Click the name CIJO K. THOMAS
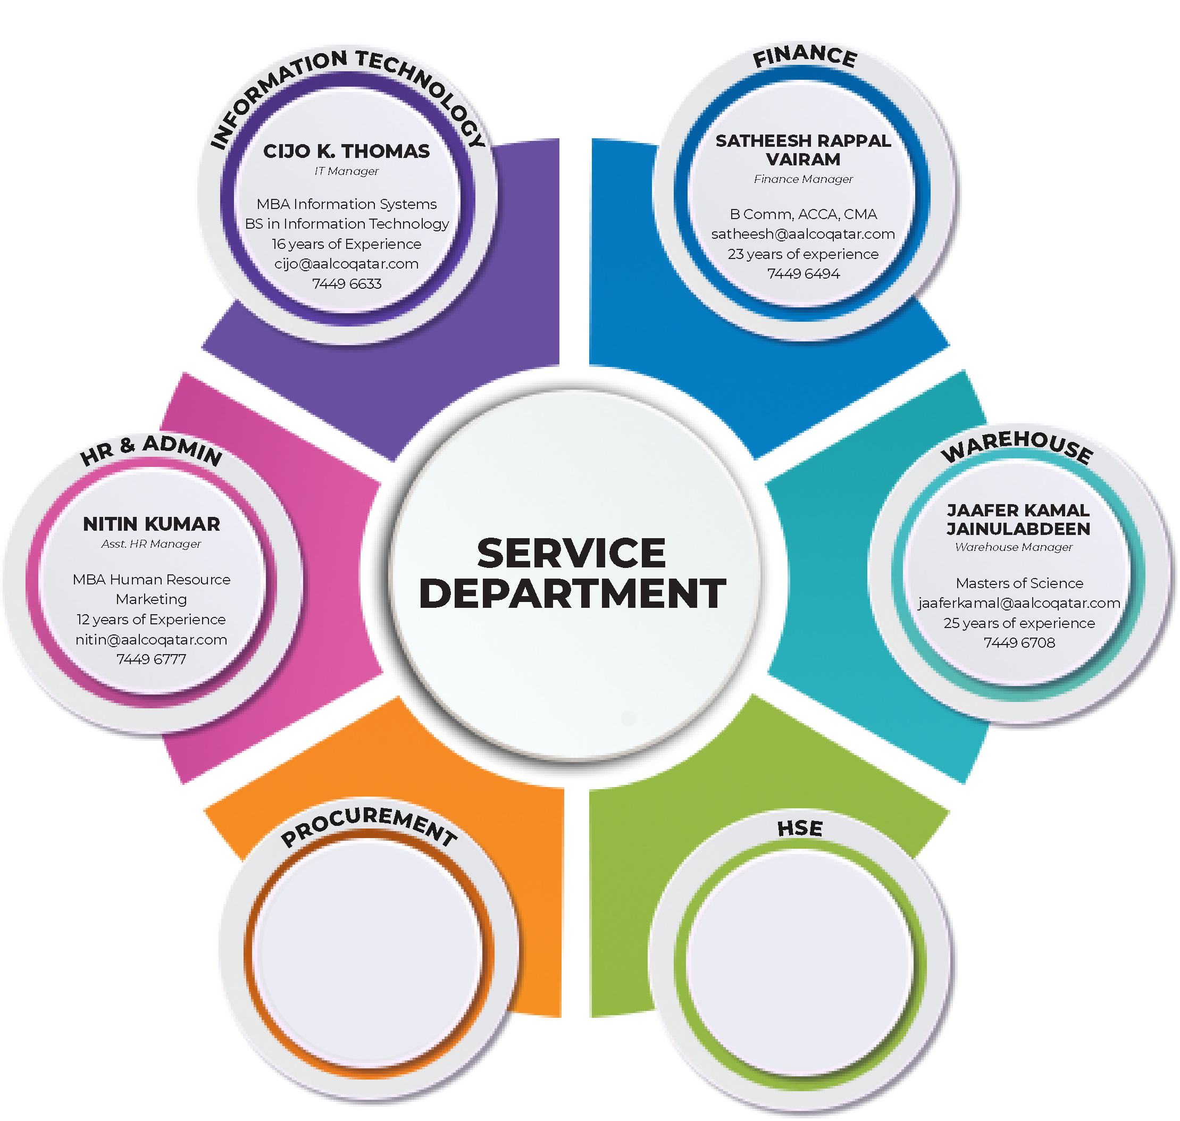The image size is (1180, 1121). pyautogui.click(x=346, y=151)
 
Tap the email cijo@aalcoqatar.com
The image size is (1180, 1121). pyautogui.click(x=346, y=264)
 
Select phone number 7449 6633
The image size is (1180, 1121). pyautogui.click(x=346, y=284)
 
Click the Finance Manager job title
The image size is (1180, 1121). pyautogui.click(x=803, y=179)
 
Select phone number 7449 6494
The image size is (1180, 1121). pyautogui.click(x=803, y=274)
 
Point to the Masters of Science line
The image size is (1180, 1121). pyautogui.click(x=1019, y=583)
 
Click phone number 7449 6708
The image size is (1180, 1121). pyautogui.click(x=1019, y=643)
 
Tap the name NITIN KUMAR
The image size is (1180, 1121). pyautogui.click(x=151, y=524)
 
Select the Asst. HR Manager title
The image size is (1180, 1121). pyautogui.click(x=151, y=545)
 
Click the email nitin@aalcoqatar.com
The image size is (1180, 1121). pyautogui.click(x=151, y=640)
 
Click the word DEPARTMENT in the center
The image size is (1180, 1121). pyautogui.click(x=572, y=594)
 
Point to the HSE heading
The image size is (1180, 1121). pyautogui.click(x=799, y=829)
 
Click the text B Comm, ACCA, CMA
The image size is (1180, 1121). pyautogui.click(x=803, y=214)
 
